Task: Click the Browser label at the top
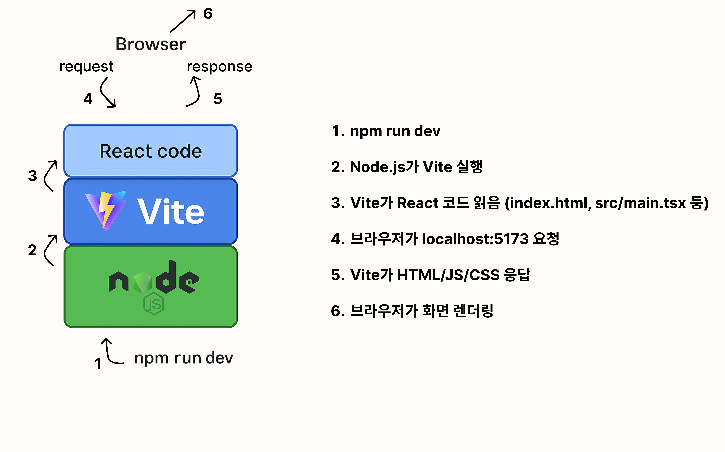(x=150, y=44)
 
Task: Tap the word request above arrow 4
(x=86, y=66)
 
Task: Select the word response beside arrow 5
(x=219, y=66)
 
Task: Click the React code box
(x=151, y=151)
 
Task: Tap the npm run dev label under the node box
(x=184, y=358)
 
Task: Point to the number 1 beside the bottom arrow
(x=98, y=364)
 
